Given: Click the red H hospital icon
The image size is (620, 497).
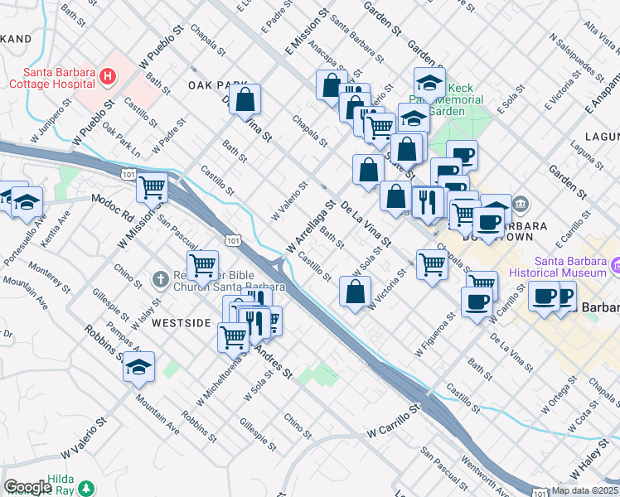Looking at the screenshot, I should [106, 77].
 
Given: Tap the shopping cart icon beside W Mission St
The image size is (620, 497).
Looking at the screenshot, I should [153, 188].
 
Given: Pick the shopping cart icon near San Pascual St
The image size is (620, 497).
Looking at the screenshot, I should [202, 266].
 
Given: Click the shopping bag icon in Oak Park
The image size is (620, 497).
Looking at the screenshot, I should [245, 99].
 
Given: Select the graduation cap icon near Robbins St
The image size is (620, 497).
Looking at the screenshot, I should [139, 366].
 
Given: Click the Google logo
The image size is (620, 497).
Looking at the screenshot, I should [27, 487].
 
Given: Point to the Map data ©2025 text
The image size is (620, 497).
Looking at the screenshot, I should [584, 490].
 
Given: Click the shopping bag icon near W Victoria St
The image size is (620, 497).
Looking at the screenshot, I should [355, 292].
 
